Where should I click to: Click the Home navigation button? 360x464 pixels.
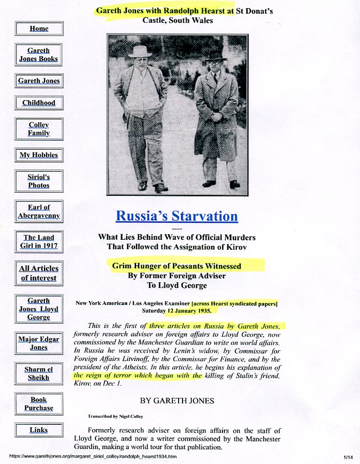[39, 28]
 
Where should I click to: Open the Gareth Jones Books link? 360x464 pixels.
[39, 55]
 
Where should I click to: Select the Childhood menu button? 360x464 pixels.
[39, 102]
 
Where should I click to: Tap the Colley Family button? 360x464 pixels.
[39, 129]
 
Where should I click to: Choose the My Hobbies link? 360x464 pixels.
[39, 155]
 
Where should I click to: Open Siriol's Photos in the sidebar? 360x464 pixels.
[39, 181]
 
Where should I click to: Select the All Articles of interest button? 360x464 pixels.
[39, 273]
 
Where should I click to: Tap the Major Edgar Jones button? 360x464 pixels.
[39, 343]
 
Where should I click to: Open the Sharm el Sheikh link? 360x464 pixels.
[39, 373]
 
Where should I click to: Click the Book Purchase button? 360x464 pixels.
[39, 404]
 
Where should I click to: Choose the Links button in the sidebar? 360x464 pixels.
[39, 430]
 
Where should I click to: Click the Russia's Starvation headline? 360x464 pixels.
[177, 216]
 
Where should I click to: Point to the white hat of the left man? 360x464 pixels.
[140, 51]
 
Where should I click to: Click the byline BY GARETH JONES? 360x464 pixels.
[177, 401]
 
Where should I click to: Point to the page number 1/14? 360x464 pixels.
[349, 457]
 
